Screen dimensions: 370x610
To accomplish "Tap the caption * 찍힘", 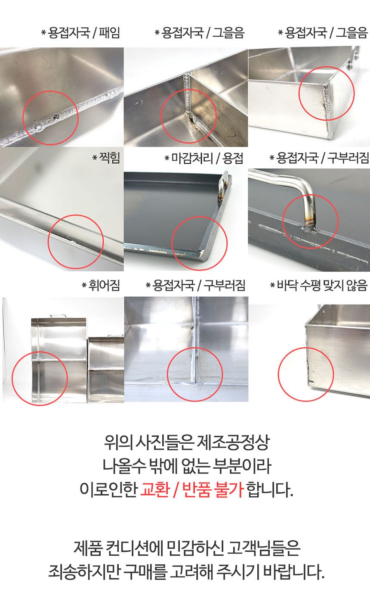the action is pos(106,158).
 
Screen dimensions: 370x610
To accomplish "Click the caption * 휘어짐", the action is pos(101,285).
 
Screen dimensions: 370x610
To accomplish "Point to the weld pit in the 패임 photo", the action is pos(56,118).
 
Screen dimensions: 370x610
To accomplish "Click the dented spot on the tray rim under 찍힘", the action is pos(72,241).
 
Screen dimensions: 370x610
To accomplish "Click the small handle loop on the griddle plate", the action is pos(223,185).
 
